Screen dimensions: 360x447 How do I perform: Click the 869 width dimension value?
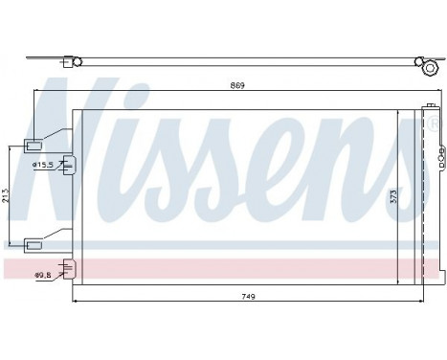(x=237, y=86)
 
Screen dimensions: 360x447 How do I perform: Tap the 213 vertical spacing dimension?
(x=7, y=197)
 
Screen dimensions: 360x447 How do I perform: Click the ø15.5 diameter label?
(x=43, y=166)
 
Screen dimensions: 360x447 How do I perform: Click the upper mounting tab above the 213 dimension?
(x=34, y=146)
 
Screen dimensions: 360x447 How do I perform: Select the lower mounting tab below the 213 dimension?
(x=34, y=244)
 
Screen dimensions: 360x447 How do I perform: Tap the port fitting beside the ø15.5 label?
(x=67, y=164)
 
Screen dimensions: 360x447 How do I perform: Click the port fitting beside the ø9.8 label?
(x=67, y=273)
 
